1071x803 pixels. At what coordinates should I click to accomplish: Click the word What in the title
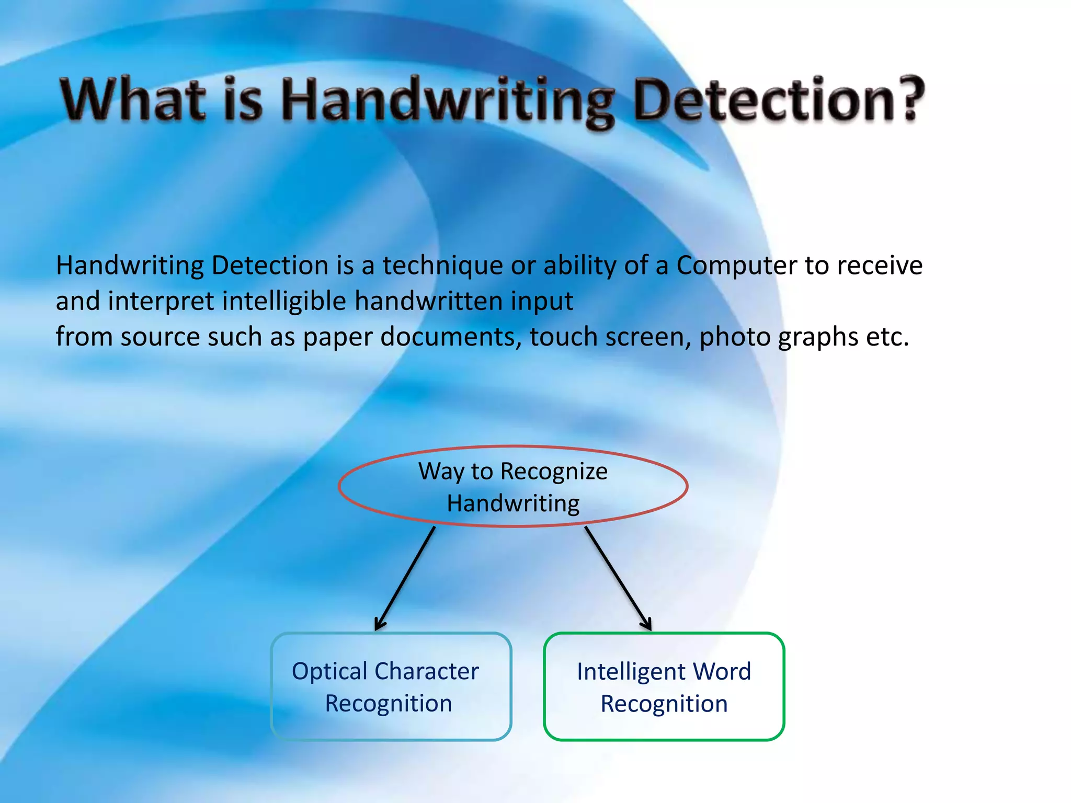coord(133,99)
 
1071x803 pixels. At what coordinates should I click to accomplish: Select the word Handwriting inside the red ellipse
coord(513,503)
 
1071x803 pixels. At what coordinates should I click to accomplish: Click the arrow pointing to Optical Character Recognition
coord(405,578)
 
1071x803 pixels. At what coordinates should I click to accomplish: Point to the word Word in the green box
coord(724,672)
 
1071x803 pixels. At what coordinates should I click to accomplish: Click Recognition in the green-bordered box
coord(664,704)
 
